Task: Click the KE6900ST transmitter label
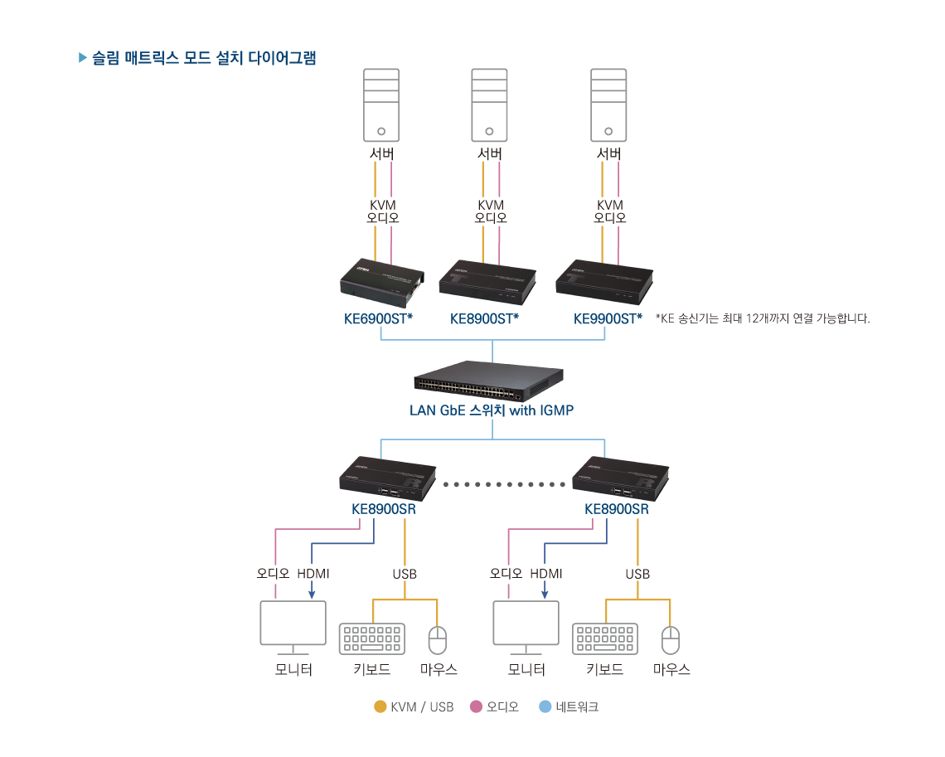(x=378, y=318)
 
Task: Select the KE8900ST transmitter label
(x=484, y=318)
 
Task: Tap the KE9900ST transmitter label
(x=608, y=318)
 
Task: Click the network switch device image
(x=489, y=381)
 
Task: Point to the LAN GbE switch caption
(x=492, y=410)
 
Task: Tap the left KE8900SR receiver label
(x=384, y=509)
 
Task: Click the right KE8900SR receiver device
(x=620, y=478)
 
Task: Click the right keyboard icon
(x=605, y=638)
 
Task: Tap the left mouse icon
(x=437, y=640)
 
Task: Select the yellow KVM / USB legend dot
(x=380, y=707)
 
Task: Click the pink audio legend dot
(x=476, y=707)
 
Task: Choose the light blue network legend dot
(x=545, y=707)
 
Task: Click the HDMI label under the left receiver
(x=313, y=574)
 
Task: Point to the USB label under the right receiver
(x=637, y=574)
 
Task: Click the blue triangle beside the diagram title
(x=82, y=58)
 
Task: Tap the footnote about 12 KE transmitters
(x=763, y=318)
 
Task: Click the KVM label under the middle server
(x=491, y=205)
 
